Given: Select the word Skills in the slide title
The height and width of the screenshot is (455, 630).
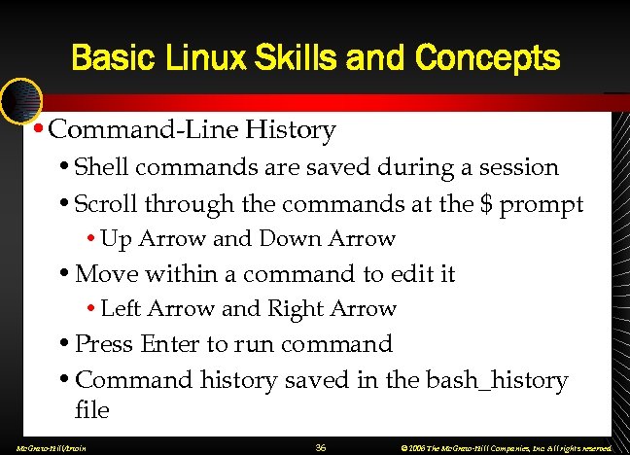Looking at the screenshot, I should [285, 57].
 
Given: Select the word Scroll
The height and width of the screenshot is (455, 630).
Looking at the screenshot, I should [106, 204].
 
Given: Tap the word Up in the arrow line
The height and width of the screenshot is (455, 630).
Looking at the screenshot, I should [117, 239].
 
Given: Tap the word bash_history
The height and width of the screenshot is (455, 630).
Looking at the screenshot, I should [497, 379].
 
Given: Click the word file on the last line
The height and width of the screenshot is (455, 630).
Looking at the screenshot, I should [91, 410].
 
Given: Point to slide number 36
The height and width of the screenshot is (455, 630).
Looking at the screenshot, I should [321, 447].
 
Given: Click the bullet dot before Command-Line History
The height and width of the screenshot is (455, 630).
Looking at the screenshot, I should [37, 129].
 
